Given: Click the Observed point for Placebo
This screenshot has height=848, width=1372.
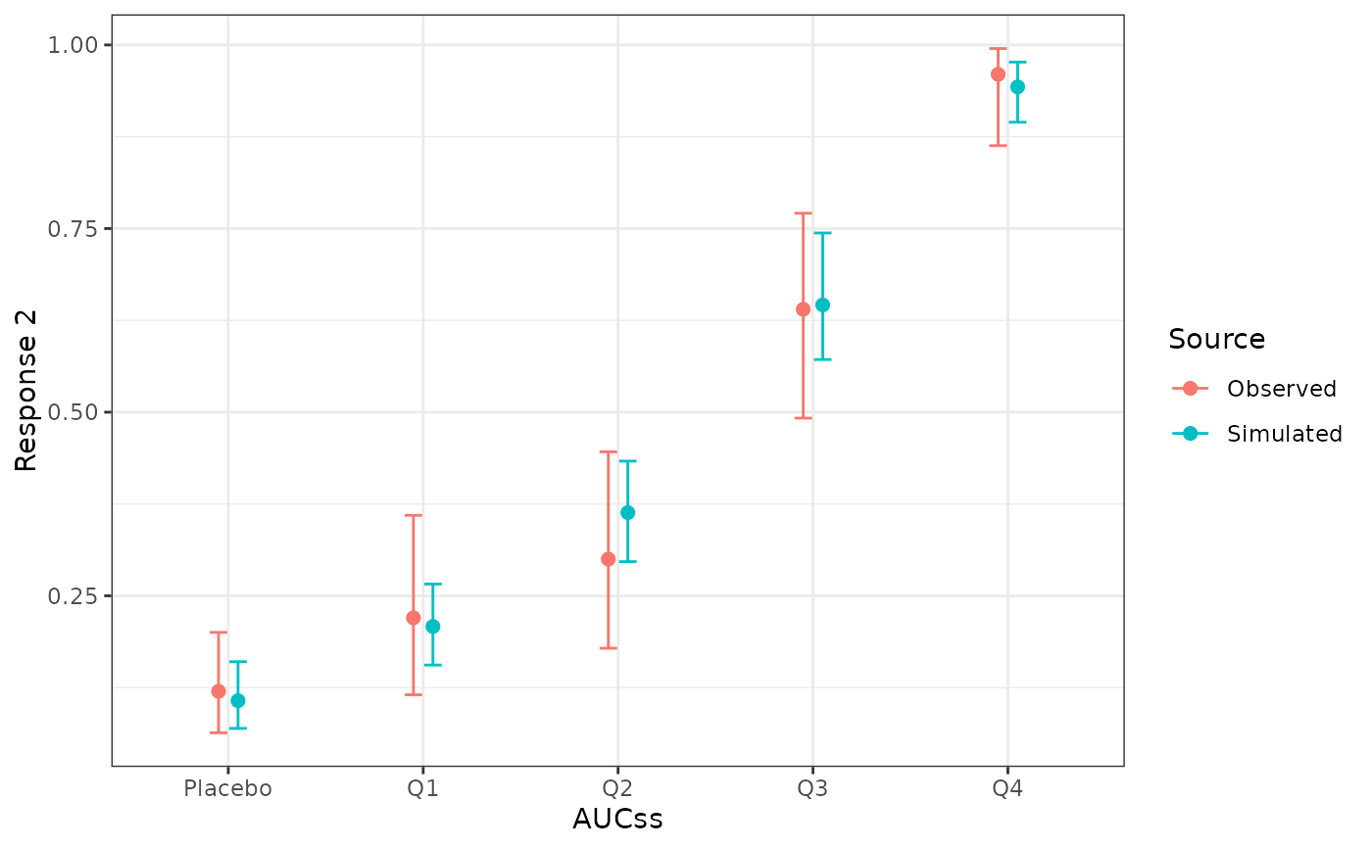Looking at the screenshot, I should (218, 691).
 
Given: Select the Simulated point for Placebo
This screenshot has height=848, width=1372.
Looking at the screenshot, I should (237, 701).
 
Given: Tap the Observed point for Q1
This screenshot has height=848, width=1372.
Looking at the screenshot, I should (413, 618).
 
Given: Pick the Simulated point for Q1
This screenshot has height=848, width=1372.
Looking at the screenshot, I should (432, 627).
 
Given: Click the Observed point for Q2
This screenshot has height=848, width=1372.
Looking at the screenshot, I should (608, 559).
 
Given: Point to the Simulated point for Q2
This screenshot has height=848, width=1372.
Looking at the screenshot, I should (627, 512).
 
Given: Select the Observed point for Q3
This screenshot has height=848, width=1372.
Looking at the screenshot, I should (803, 309).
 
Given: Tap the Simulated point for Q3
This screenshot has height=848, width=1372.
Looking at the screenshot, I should (822, 305).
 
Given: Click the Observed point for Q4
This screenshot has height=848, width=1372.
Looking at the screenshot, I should (998, 74).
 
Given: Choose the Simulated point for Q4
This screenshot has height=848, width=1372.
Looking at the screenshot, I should (1017, 87).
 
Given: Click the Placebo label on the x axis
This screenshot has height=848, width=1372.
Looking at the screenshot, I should (227, 788).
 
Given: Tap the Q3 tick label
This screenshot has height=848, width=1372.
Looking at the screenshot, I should (811, 788).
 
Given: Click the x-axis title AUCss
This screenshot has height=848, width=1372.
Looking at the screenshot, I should (617, 820).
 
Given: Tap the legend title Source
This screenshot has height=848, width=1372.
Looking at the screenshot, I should (1216, 340).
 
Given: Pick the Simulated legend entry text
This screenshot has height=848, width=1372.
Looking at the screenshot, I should (1284, 434).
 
